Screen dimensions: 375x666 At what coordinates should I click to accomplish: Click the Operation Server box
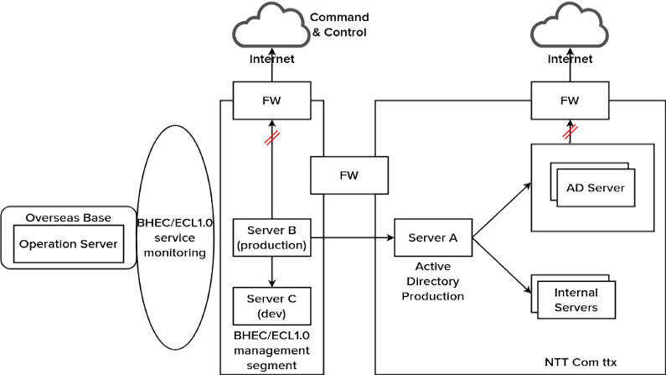68,244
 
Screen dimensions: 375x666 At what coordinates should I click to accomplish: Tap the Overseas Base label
68,217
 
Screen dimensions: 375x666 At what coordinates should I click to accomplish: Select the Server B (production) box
272,237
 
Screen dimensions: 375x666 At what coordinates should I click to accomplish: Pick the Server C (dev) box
272,306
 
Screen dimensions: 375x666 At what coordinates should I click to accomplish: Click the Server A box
432,237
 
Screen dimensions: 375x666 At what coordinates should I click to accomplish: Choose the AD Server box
595,187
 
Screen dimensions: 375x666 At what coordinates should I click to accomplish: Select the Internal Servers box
576,299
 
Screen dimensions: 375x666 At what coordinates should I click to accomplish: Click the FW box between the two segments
348,176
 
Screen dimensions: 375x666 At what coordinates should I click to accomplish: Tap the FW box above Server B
271,101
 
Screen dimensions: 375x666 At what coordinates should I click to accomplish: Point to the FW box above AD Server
570,101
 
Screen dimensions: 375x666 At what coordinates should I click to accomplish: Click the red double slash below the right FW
569,132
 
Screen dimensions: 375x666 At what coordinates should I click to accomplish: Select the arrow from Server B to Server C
271,271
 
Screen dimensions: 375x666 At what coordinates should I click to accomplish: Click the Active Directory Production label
432,281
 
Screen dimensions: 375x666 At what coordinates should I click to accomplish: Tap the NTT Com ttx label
580,362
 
